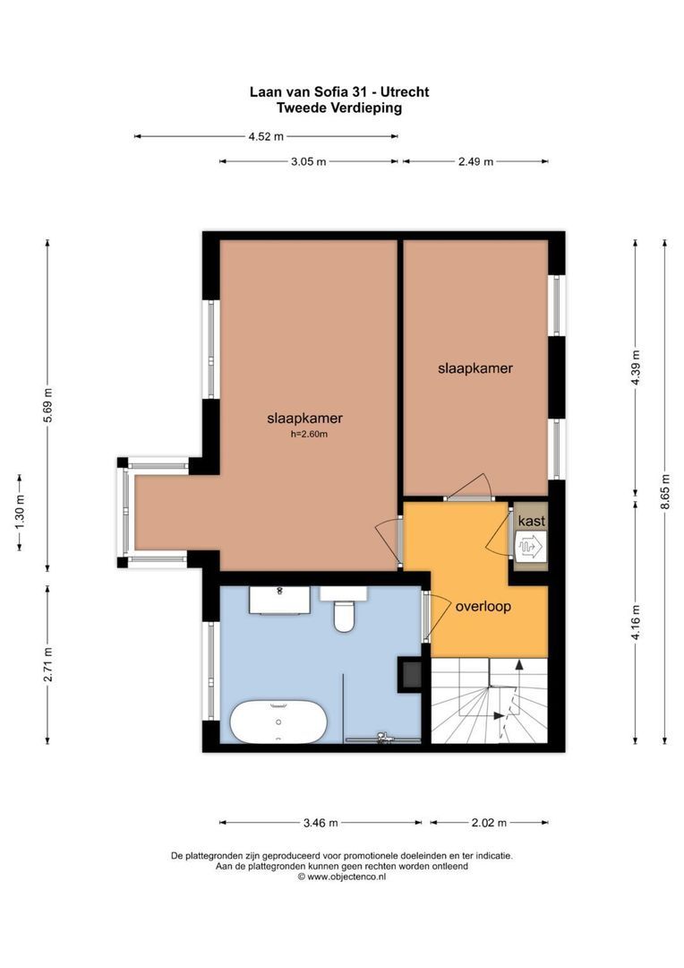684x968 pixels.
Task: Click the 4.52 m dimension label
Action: point(266,137)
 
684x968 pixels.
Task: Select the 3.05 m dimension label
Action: point(309,162)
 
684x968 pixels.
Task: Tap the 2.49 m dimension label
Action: point(475,162)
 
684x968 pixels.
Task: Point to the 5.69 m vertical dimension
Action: point(48,405)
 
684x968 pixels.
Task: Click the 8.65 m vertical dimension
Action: point(664,491)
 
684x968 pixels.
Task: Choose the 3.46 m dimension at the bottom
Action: point(321,823)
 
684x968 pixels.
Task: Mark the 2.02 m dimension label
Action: point(489,823)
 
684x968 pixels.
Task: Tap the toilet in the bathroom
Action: point(344,613)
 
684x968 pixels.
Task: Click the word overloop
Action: point(483,606)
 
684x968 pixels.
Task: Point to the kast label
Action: point(531,521)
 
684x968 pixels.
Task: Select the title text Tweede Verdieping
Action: point(339,108)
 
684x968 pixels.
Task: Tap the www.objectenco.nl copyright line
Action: point(342,877)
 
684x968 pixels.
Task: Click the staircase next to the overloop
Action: point(489,701)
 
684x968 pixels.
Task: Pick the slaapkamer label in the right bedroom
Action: point(475,367)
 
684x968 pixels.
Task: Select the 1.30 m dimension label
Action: point(20,511)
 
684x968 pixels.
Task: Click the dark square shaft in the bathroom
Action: point(411,673)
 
